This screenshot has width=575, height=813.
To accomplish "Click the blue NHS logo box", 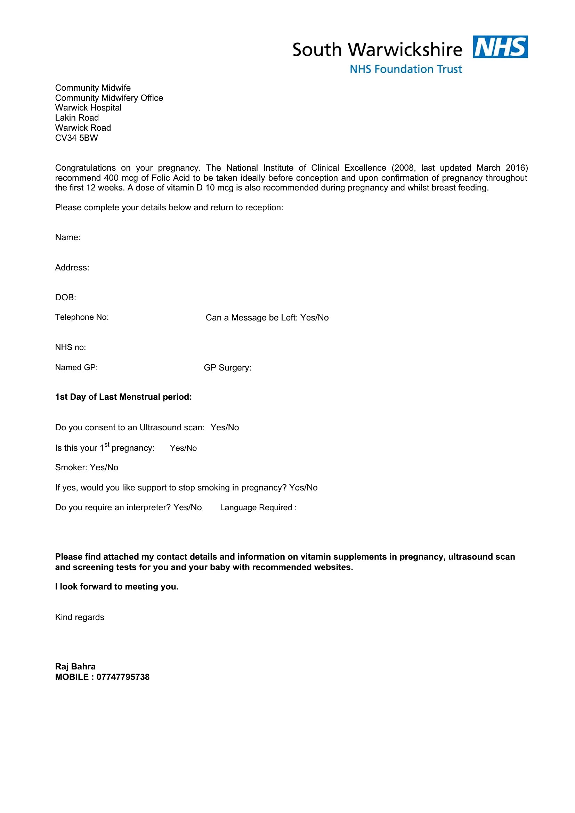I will [x=500, y=47].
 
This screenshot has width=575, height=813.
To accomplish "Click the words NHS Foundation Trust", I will [x=406, y=69].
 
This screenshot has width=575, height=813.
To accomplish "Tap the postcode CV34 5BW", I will [x=76, y=138].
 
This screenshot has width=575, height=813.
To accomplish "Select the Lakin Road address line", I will [x=77, y=118].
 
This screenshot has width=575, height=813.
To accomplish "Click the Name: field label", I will [x=68, y=237].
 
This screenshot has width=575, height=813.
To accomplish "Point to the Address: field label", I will [x=72, y=267].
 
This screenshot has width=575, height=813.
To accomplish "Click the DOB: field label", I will [x=65, y=298].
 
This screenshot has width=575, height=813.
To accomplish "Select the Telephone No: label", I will [x=82, y=317].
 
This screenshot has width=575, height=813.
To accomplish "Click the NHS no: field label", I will [x=71, y=347].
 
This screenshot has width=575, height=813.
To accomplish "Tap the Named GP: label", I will [x=76, y=367].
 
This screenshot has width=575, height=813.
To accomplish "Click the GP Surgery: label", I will [x=227, y=368].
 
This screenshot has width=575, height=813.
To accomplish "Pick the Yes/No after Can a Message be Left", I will [x=314, y=318].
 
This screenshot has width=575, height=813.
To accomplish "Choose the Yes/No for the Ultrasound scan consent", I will [x=225, y=428].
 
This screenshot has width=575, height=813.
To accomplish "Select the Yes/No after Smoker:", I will [x=104, y=468].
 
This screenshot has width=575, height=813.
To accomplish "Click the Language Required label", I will [x=258, y=507].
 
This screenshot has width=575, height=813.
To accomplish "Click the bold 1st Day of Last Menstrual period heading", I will [x=123, y=397].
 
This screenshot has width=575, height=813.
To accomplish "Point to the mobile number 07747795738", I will [x=123, y=677].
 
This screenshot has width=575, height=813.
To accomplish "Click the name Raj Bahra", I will [x=75, y=666].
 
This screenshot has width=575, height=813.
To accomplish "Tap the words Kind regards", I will [x=80, y=617].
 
